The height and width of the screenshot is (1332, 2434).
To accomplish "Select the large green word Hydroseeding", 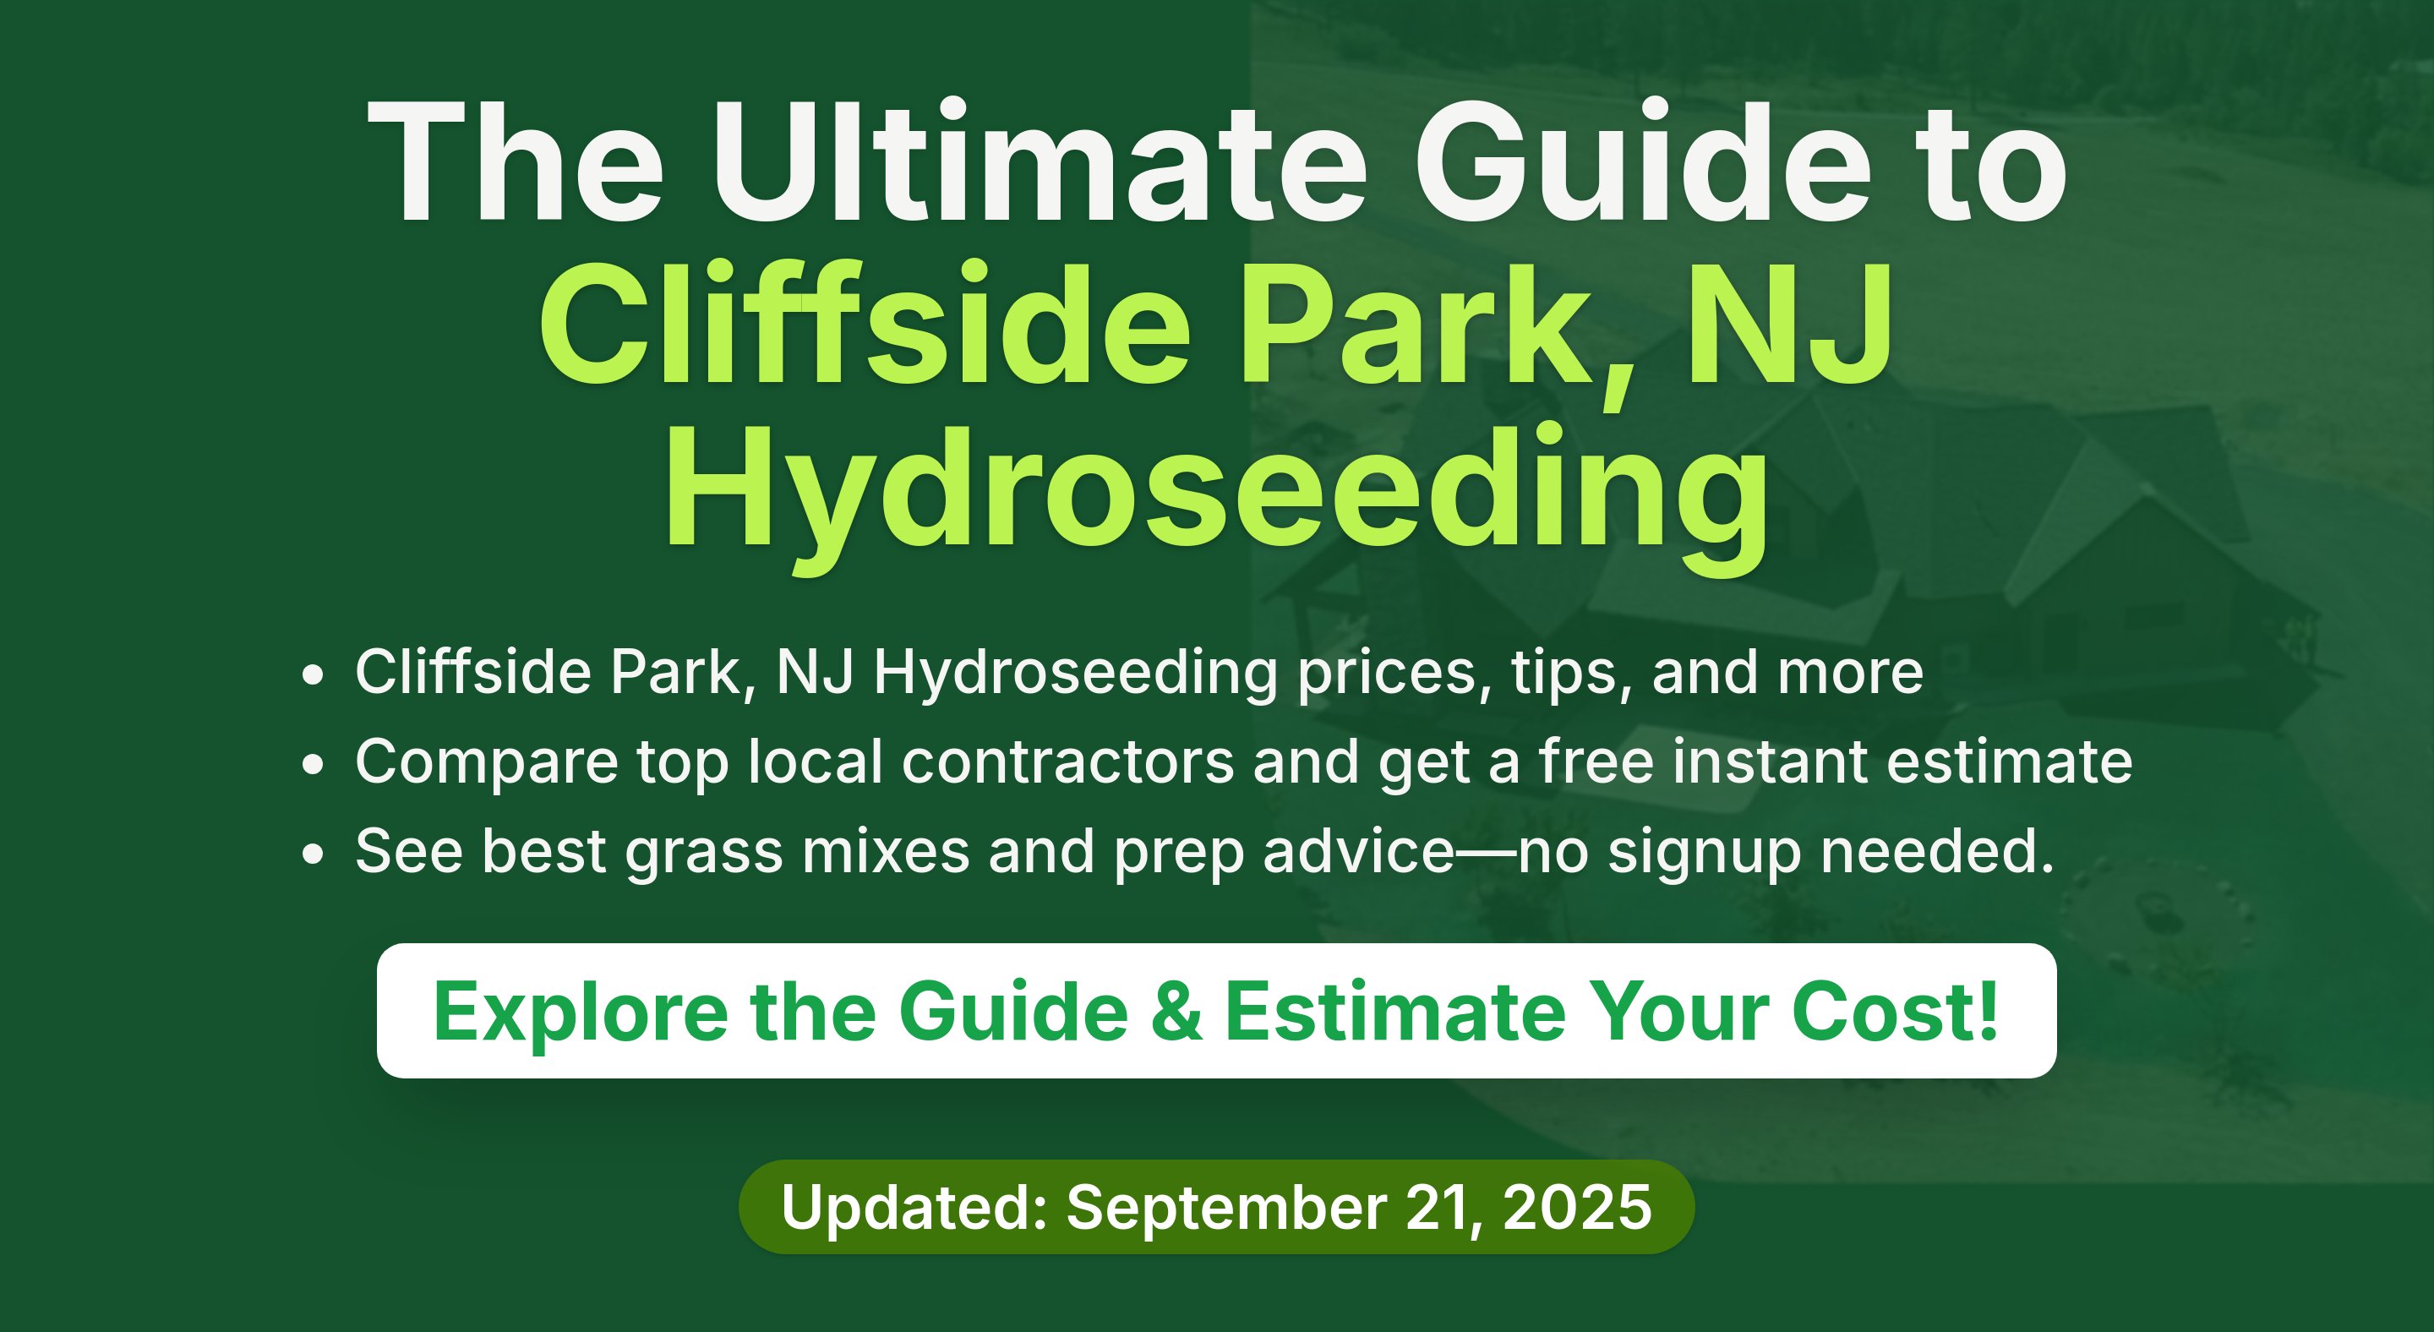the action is click(x=1217, y=497).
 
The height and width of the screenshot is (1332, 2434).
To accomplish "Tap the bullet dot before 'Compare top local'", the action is click(x=313, y=764).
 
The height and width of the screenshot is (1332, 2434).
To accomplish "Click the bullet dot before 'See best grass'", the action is click(x=313, y=854).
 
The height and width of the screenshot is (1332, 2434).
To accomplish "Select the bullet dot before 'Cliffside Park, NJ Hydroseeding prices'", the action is click(x=313, y=675).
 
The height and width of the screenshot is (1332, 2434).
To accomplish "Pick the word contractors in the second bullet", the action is click(x=1067, y=762).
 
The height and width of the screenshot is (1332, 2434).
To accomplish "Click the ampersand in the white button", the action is click(x=1177, y=1012).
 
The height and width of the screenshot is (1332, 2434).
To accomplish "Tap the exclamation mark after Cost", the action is click(x=1987, y=1010).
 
